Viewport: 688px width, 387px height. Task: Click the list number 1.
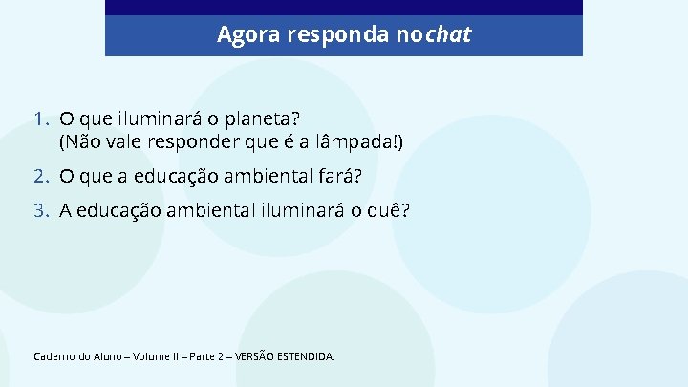(40, 119)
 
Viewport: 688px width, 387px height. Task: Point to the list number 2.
(40, 177)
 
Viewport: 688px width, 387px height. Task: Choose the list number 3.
(40, 211)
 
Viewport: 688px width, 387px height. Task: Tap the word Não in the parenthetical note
(78, 143)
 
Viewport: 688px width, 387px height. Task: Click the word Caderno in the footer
(54, 356)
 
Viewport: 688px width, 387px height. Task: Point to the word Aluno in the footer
(107, 356)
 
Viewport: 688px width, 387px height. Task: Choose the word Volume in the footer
(154, 356)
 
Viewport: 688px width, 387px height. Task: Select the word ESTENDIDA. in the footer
(307, 356)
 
